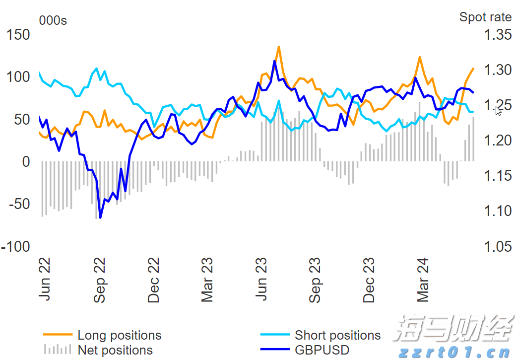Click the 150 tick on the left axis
click(x=18, y=35)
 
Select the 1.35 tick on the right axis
click(x=497, y=35)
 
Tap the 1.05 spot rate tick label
click(x=497, y=246)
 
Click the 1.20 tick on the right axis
click(x=497, y=141)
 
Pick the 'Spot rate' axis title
click(x=485, y=17)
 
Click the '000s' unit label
click(x=53, y=20)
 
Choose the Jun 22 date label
click(x=45, y=279)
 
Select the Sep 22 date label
click(x=100, y=280)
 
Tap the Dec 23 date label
click(x=369, y=280)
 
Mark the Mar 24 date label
click(x=423, y=280)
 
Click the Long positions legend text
click(x=119, y=336)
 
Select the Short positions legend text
click(x=337, y=336)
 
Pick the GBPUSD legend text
click(x=322, y=350)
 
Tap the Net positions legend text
click(x=115, y=350)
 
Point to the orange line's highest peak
click(x=279, y=47)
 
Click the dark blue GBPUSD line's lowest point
click(x=100, y=217)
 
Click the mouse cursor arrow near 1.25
click(x=498, y=110)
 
